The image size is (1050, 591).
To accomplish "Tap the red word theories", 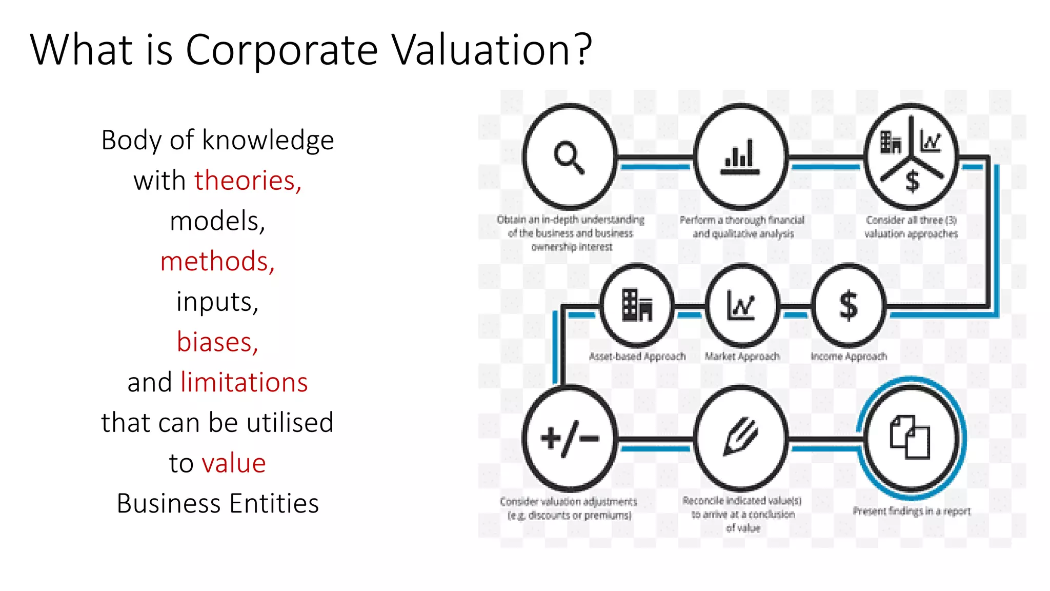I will [248, 181].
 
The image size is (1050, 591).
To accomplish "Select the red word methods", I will [217, 261].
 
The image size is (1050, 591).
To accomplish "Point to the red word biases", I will [217, 342].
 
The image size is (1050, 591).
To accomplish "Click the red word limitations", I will [244, 382].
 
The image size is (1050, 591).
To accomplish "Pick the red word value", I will [234, 463].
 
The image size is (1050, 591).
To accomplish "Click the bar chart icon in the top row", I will [740, 157].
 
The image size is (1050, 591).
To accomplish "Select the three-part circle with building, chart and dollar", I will [911, 157].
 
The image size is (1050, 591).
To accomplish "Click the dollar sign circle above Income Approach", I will [849, 306].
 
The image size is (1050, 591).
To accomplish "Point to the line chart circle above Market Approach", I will [741, 306].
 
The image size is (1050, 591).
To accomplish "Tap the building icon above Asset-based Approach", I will [637, 306].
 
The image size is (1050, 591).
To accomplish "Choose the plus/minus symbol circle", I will [570, 439].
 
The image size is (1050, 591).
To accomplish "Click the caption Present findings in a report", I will [912, 511].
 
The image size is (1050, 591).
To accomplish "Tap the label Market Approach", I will [742, 356].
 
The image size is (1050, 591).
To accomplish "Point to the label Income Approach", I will [849, 356].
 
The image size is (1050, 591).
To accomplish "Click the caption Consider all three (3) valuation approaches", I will [911, 227].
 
